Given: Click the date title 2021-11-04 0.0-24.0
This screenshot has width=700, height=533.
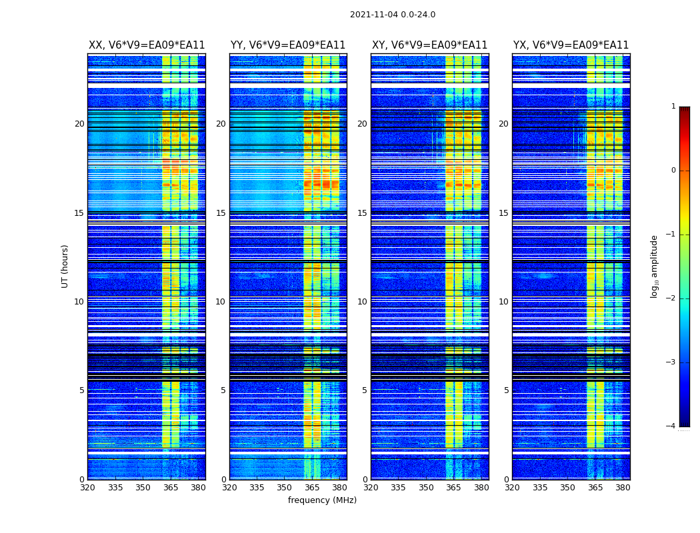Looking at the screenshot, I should click(x=393, y=15).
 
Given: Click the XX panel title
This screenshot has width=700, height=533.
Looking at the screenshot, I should click(x=147, y=45).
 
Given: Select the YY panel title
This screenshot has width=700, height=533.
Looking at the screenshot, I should click(x=288, y=45).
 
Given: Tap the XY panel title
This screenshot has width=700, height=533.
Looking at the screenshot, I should click(x=429, y=45).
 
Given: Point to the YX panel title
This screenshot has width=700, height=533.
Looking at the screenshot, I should click(x=571, y=45).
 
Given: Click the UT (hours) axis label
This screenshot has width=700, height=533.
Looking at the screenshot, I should click(x=65, y=266).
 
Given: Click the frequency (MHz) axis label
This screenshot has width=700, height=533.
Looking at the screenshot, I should click(x=322, y=500).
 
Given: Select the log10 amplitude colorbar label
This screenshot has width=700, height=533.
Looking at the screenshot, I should click(x=655, y=266).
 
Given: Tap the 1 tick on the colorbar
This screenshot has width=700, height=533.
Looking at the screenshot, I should click(x=673, y=107).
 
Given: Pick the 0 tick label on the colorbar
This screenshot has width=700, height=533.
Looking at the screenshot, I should click(x=673, y=171).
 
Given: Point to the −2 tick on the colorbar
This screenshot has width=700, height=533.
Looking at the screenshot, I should click(x=672, y=298).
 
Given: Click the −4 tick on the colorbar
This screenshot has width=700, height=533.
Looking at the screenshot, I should click(x=672, y=426).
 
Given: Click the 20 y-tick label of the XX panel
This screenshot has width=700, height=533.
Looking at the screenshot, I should click(x=79, y=124).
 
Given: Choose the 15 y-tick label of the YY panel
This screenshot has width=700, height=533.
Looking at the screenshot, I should click(x=221, y=213).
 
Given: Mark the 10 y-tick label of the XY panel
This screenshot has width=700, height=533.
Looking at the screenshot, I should click(x=362, y=302).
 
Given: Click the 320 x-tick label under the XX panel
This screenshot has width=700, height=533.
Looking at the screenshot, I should click(x=87, y=488).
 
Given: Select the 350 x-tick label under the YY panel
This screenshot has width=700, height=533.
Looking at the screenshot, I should click(x=285, y=488).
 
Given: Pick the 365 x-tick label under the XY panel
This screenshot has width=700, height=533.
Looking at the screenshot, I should click(x=453, y=488).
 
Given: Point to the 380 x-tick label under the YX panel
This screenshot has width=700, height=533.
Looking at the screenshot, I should click(x=623, y=488).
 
